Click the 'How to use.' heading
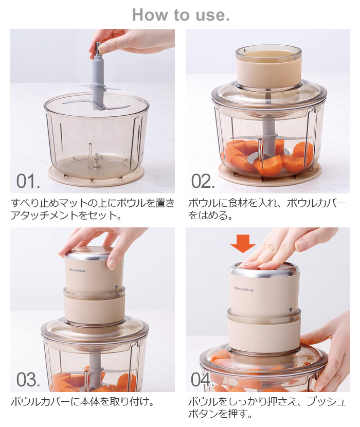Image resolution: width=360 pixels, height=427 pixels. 181,15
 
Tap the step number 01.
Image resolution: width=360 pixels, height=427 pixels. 28,181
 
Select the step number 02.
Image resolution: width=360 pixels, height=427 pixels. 203,181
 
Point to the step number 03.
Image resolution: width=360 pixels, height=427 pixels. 28,380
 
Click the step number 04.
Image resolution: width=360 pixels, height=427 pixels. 202,380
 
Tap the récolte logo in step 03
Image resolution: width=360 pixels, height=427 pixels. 77,270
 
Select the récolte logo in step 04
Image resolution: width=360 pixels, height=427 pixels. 243,289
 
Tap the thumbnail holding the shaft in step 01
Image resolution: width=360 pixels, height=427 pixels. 103,48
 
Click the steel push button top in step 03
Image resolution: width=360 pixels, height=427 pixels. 94,252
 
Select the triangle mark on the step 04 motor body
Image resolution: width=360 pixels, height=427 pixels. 291,310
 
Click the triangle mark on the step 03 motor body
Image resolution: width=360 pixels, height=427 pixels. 117,287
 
